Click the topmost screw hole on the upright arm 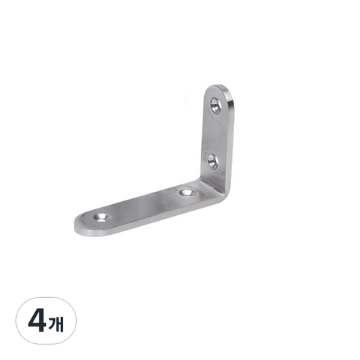tap(216, 105)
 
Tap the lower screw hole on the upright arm tap(213, 161)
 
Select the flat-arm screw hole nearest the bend tap(187, 193)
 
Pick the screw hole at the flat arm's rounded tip tap(102, 217)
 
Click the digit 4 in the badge tap(37, 320)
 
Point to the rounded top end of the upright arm tap(219, 89)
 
